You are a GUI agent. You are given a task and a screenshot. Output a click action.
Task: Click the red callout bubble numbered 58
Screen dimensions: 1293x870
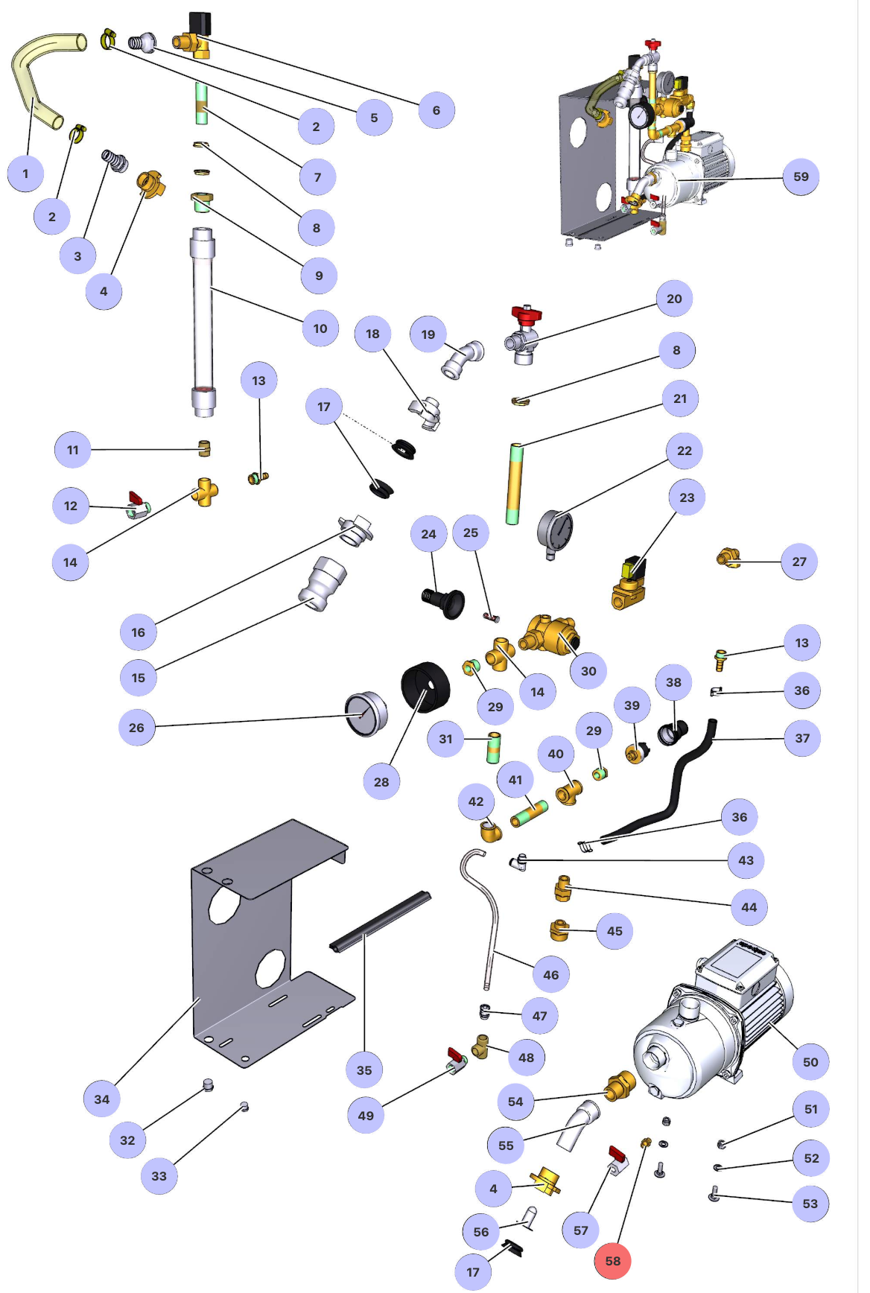pos(612,1261)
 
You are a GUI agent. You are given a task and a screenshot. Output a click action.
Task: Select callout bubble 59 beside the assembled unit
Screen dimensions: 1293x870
pos(801,177)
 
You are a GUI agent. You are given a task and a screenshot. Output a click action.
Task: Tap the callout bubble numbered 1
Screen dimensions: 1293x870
pos(25,174)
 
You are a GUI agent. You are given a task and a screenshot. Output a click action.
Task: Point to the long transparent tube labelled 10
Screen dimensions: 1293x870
pos(203,320)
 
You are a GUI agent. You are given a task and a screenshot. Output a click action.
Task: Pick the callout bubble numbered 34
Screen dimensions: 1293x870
pos(102,1099)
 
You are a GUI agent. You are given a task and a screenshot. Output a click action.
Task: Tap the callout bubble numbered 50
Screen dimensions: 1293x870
pos(810,1062)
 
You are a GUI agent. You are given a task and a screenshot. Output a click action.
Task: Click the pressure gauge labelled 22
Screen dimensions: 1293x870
pos(555,531)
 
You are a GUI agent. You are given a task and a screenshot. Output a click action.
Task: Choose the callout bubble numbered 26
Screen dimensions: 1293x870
pos(137,728)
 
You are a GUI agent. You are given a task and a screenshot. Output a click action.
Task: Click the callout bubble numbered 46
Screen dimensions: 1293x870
pos(551,974)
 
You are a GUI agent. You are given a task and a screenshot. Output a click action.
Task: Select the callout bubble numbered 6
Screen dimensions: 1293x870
pos(436,110)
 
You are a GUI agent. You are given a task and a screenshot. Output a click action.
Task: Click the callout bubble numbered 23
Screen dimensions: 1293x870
pos(687,498)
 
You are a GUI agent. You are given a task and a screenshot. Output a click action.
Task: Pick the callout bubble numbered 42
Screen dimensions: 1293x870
pos(476,801)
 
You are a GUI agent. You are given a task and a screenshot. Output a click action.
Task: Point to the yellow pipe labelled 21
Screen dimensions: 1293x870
pos(514,484)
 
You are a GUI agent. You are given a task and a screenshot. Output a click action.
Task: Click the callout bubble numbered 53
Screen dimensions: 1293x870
pos(810,1204)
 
